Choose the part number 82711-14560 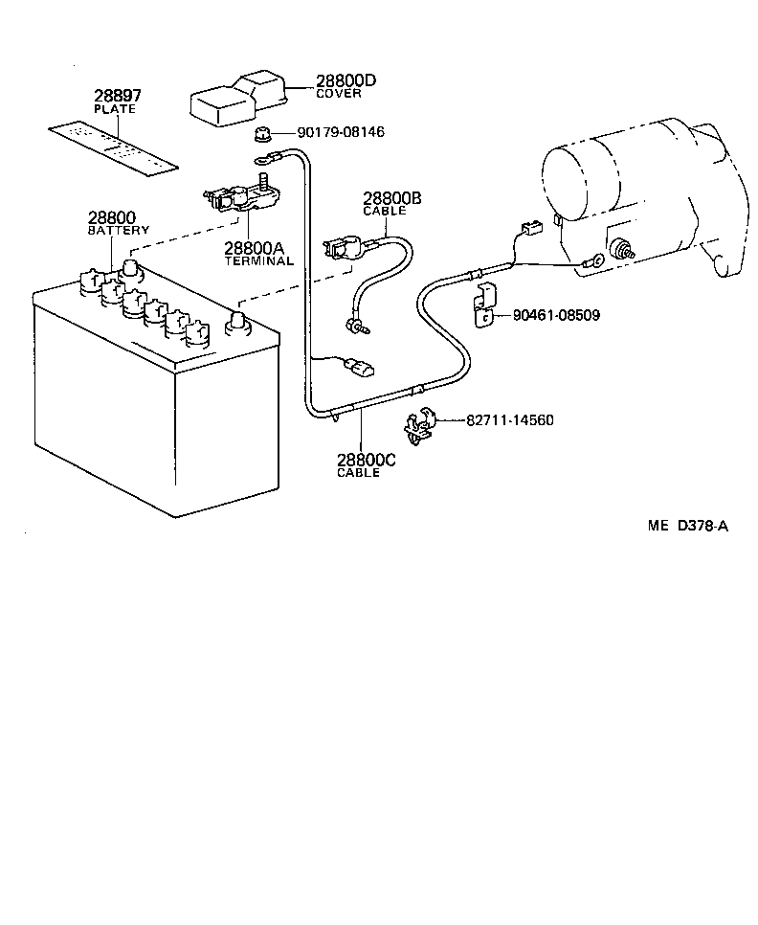click(509, 420)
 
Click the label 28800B click(391, 198)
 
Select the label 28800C click(366, 461)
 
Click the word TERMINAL click(258, 261)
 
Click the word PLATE click(115, 109)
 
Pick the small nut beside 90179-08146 click(262, 133)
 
